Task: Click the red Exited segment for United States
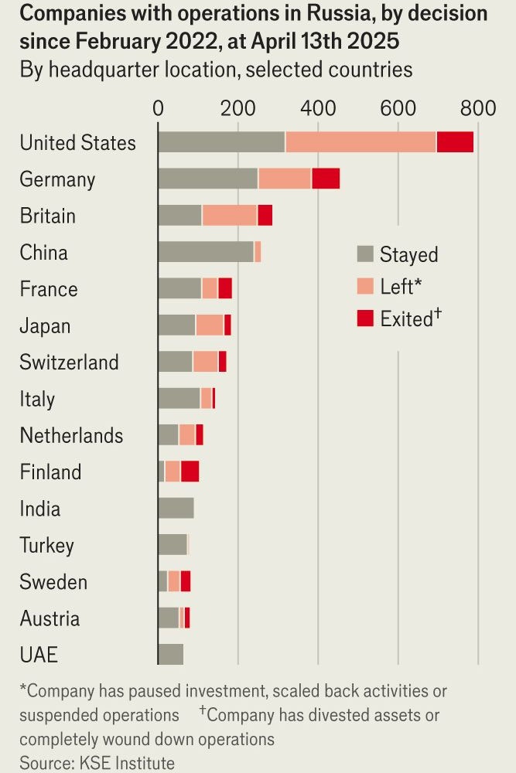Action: [x=455, y=142]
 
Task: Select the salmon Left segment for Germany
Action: [x=285, y=179]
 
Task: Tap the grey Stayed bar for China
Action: [x=206, y=252]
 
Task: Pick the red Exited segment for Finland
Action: [x=190, y=472]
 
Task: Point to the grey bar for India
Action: [x=176, y=508]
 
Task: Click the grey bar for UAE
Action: [x=171, y=655]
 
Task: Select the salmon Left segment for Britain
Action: [x=230, y=216]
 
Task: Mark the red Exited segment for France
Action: [x=225, y=288]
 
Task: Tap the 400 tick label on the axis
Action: [x=318, y=108]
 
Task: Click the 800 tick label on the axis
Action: [x=478, y=108]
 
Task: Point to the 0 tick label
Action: [x=159, y=108]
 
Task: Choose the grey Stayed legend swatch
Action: [x=365, y=254]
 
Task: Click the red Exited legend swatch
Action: [x=365, y=318]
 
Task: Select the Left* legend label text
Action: [x=401, y=287]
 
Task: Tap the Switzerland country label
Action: [x=69, y=362]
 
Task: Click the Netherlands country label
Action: [x=71, y=435]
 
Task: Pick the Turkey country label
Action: [x=47, y=545]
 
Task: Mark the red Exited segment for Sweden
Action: [x=186, y=581]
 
